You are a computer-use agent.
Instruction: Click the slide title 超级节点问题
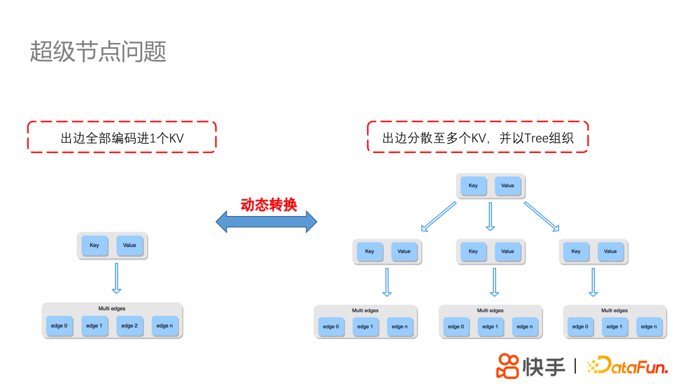pyautogui.click(x=98, y=52)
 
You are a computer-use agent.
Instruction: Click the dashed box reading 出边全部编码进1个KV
pyautogui.click(x=122, y=137)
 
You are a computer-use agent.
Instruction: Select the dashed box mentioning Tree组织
pyautogui.click(x=477, y=137)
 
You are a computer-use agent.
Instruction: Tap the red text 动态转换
pyautogui.click(x=268, y=205)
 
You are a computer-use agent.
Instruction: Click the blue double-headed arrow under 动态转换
pyautogui.click(x=266, y=222)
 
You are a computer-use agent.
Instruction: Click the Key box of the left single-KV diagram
pyautogui.click(x=95, y=245)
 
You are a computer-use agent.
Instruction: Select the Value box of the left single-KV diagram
pyautogui.click(x=129, y=245)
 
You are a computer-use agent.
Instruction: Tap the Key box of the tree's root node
pyautogui.click(x=474, y=186)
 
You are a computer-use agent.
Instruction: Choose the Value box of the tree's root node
pyautogui.click(x=508, y=186)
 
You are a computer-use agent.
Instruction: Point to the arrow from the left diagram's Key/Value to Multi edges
pyautogui.click(x=116, y=278)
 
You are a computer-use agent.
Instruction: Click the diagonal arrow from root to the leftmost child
pyautogui.click(x=438, y=217)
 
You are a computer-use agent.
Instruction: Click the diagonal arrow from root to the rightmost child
pyautogui.click(x=542, y=217)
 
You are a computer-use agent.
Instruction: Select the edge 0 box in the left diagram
pyautogui.click(x=58, y=326)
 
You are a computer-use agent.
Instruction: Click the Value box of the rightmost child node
pyautogui.click(x=610, y=251)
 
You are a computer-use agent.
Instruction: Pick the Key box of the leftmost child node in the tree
pyautogui.click(x=370, y=251)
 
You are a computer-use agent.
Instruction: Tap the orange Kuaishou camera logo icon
pyautogui.click(x=508, y=366)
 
